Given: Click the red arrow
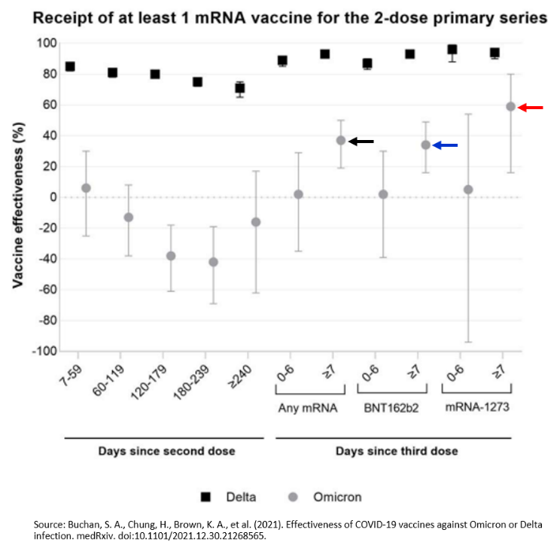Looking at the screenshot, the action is pyautogui.click(x=531, y=108).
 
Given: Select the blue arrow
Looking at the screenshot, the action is pyautogui.click(x=445, y=145).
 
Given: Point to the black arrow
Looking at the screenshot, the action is pyautogui.click(x=361, y=142).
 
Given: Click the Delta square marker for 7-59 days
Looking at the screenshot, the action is pyautogui.click(x=70, y=66).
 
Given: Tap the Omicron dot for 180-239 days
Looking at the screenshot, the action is pyautogui.click(x=213, y=262).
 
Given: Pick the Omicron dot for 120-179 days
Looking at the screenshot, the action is pyautogui.click(x=171, y=256).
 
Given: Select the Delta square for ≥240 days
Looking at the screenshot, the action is pyautogui.click(x=240, y=88).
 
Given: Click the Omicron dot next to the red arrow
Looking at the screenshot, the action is pyautogui.click(x=511, y=106).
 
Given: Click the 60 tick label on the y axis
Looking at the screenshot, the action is pyautogui.click(x=50, y=105).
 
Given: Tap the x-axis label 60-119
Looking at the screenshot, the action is pyautogui.click(x=108, y=380).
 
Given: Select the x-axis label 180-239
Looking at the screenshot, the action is pyautogui.click(x=190, y=382).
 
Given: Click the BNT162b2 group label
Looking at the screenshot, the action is pyautogui.click(x=391, y=408).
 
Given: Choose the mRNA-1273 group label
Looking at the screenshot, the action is pyautogui.click(x=477, y=407).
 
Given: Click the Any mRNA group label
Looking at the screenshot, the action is pyautogui.click(x=308, y=408).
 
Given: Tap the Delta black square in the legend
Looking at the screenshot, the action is pyautogui.click(x=205, y=497).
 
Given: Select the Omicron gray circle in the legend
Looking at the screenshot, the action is pyautogui.click(x=293, y=497).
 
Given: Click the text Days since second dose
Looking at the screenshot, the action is pyautogui.click(x=167, y=451).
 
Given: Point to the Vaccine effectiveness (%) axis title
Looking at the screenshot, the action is pyautogui.click(x=18, y=205).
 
